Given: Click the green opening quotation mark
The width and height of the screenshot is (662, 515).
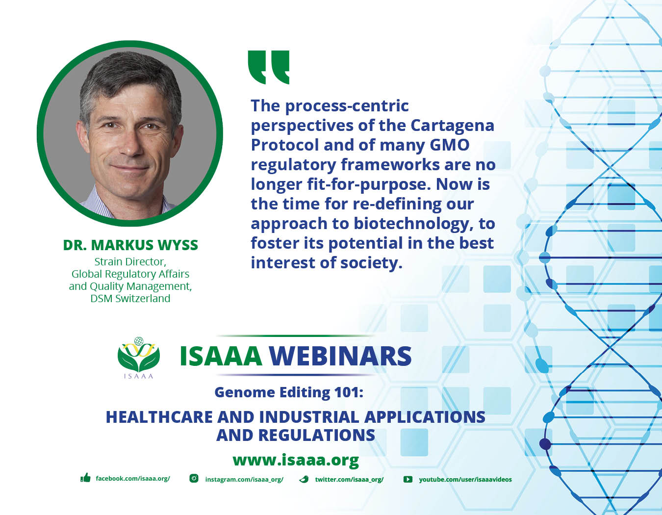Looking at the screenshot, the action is (268, 67).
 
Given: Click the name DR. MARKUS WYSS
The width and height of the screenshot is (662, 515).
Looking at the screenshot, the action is (130, 245).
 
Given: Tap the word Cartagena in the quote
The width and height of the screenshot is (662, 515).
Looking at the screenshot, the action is (452, 125).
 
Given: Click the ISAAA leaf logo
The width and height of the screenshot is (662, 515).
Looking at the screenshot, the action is (139, 358).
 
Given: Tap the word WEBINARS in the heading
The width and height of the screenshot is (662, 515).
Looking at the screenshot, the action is (340, 356).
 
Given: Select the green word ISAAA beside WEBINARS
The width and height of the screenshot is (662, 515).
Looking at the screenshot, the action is (221, 356).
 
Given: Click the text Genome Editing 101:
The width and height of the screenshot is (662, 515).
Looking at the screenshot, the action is (289, 392).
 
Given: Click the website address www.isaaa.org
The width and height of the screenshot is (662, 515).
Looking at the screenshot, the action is (296, 460).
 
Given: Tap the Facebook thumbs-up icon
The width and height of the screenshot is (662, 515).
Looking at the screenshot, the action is (85, 478).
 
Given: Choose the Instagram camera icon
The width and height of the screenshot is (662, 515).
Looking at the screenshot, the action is (194, 478).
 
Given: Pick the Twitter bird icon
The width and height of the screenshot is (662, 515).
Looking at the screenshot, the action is (304, 479).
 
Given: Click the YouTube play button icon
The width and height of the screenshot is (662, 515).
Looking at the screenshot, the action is (407, 479).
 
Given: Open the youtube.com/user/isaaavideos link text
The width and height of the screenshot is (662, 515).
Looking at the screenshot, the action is (465, 479).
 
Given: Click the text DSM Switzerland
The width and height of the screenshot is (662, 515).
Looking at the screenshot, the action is (130, 298).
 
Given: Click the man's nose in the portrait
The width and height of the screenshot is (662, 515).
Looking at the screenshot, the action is (131, 143).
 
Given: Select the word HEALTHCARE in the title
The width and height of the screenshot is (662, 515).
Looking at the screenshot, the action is (159, 417).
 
